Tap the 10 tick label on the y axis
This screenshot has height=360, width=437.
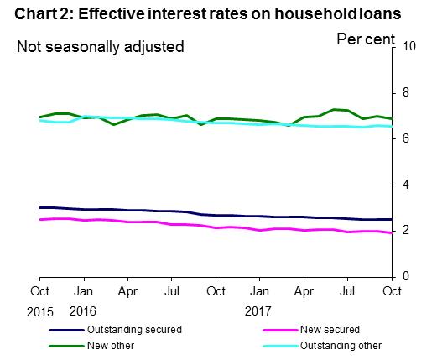coord(411,46)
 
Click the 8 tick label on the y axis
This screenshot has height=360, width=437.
coord(408,92)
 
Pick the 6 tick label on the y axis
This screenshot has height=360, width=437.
coord(408,138)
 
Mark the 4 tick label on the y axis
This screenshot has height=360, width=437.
coord(408,184)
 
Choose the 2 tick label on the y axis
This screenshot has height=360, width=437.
coord(408,230)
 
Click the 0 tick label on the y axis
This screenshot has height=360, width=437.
coord(408,276)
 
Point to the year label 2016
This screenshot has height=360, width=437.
coord(83,311)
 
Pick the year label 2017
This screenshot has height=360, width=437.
coord(258,311)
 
